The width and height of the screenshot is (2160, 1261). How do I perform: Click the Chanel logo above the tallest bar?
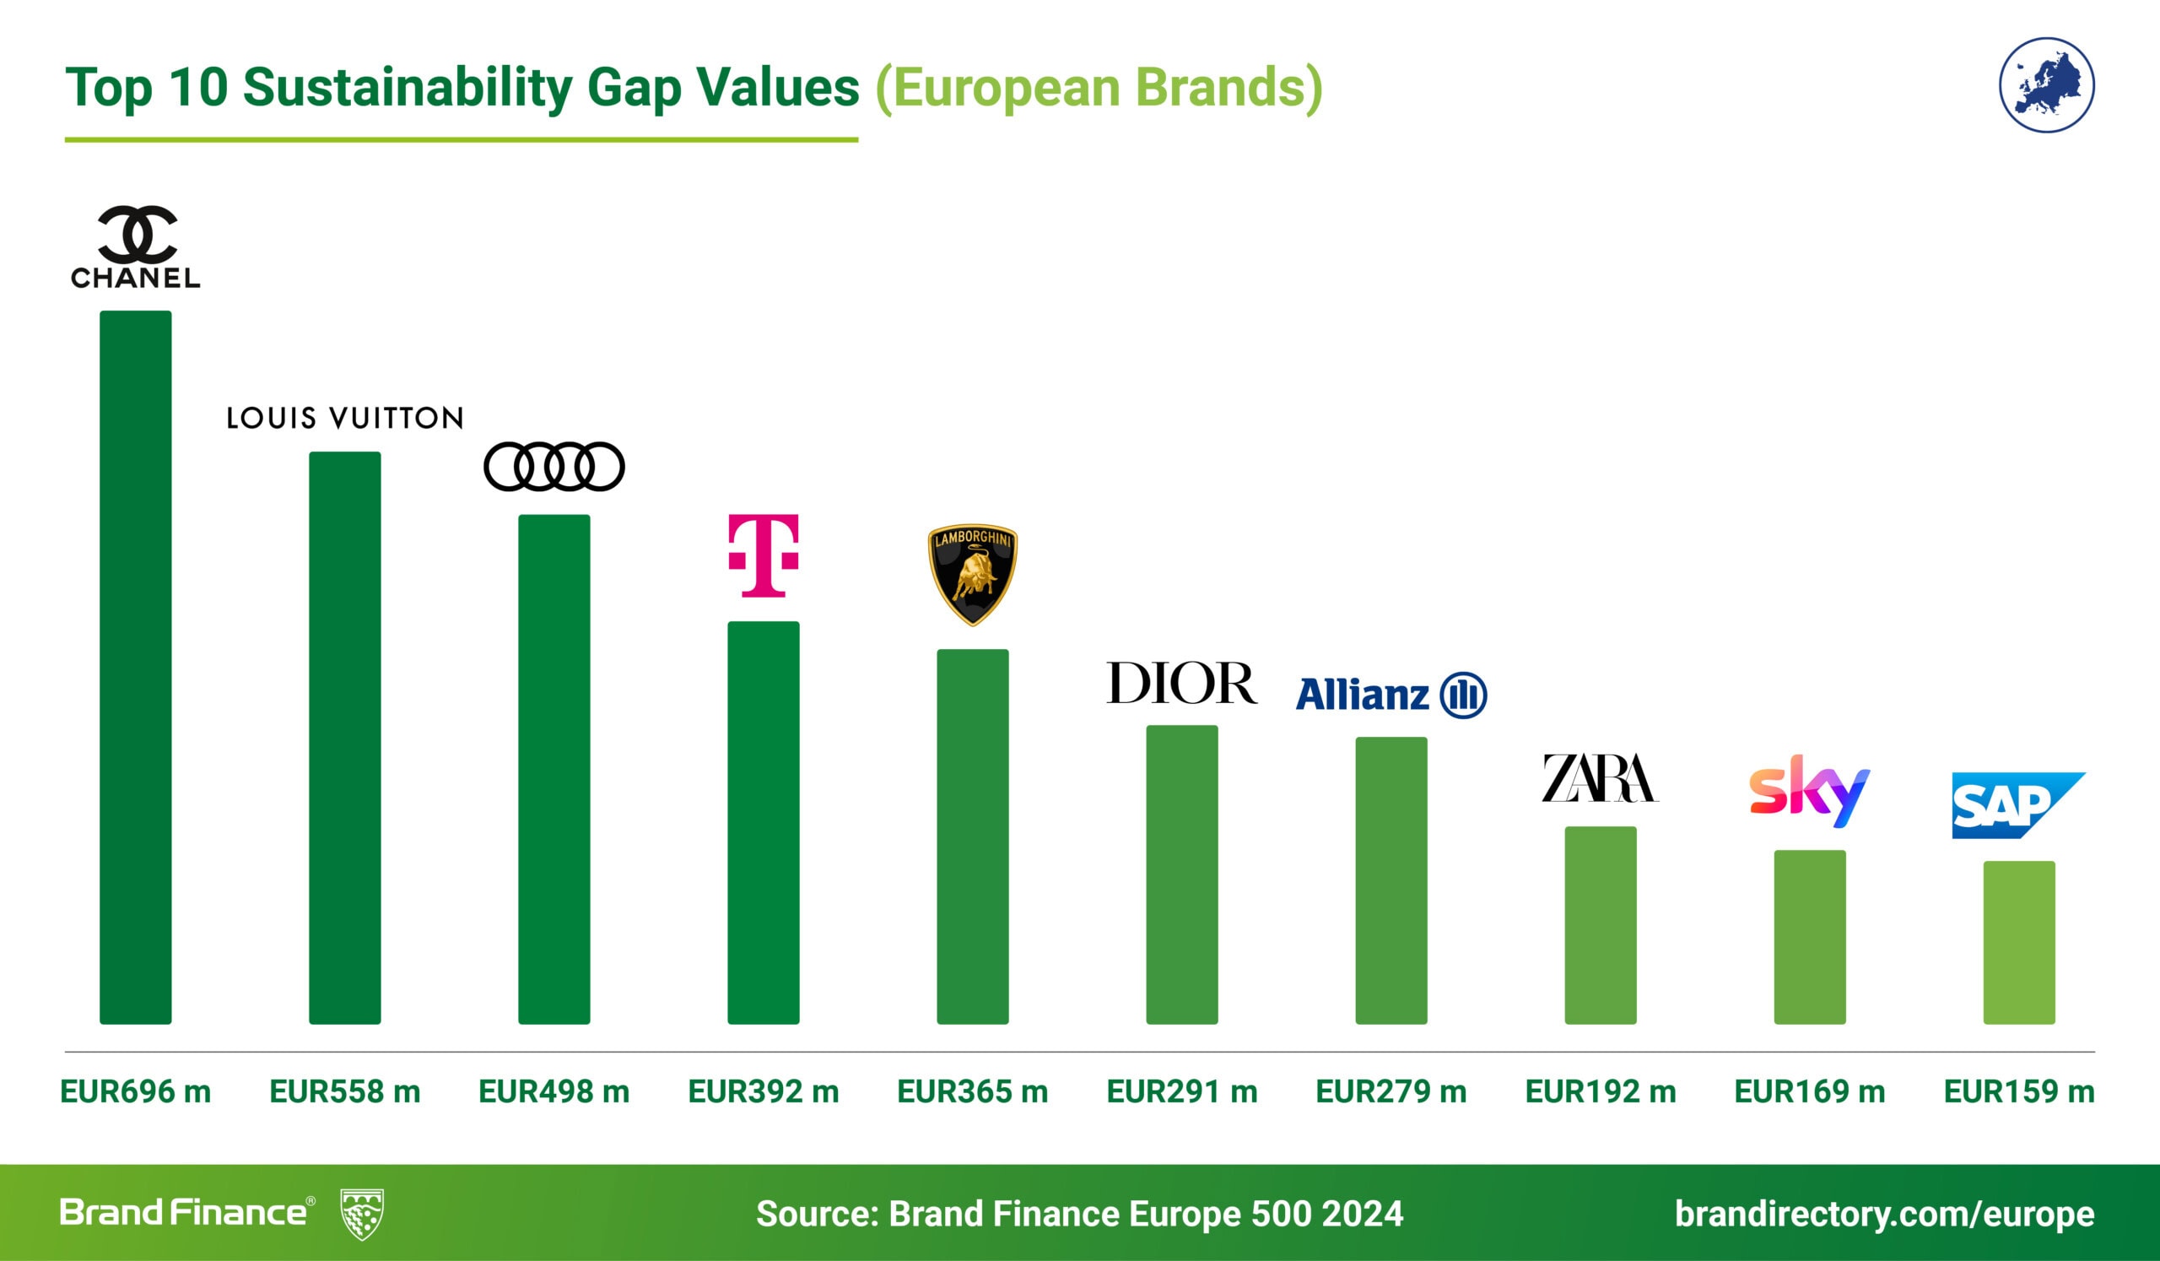[x=136, y=246]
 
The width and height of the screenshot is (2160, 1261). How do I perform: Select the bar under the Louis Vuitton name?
[x=344, y=737]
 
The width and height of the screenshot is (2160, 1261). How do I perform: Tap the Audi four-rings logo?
[x=553, y=467]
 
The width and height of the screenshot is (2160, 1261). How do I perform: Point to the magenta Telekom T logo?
[x=763, y=555]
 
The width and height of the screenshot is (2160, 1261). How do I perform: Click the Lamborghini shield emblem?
[x=972, y=573]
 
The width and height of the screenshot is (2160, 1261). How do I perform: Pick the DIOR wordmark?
[x=1181, y=682]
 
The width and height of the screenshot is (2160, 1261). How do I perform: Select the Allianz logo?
[x=1390, y=695]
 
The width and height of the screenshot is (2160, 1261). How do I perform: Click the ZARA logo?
[x=1600, y=777]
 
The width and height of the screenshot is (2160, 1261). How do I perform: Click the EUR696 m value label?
[x=136, y=1091]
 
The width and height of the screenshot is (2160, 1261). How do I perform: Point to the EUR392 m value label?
[x=763, y=1091]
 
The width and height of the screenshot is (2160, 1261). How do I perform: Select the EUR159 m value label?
[x=2018, y=1091]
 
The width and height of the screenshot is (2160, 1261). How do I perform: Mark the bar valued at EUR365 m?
[x=972, y=836]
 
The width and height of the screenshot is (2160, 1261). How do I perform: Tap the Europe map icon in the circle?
[x=2046, y=85]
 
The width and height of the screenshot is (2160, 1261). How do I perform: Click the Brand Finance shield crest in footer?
[x=362, y=1214]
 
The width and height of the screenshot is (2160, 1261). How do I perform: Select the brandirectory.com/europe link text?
[x=1884, y=1214]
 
